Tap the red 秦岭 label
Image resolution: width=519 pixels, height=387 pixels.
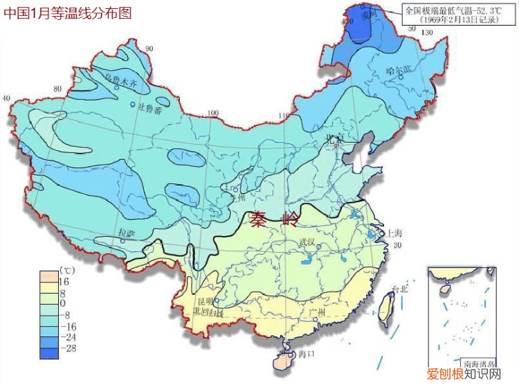pyautogui.click(x=275, y=220)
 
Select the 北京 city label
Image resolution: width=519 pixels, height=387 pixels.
pyautogui.click(x=336, y=138)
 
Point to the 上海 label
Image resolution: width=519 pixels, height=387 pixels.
pyautogui.click(x=395, y=233)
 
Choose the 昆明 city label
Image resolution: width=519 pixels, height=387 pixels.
pyautogui.click(x=206, y=302)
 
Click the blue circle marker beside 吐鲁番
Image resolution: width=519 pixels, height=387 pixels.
pyautogui.click(x=133, y=105)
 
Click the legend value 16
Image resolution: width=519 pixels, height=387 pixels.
pyautogui.click(x=64, y=282)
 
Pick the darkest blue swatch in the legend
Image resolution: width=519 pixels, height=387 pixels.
pyautogui.click(x=48, y=352)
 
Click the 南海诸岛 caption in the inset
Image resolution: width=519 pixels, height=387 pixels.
pyautogui.click(x=478, y=363)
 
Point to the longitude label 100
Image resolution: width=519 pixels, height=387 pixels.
pyautogui.click(x=213, y=113)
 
